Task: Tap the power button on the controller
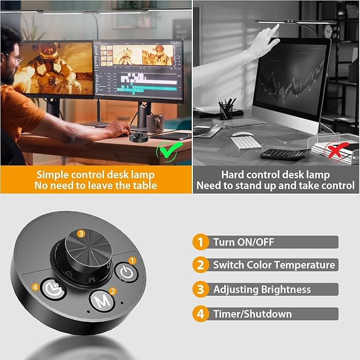[x=126, y=272]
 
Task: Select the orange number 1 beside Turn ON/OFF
[x=200, y=242]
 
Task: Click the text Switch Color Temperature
[x=274, y=265]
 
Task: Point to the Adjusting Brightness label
[x=262, y=289]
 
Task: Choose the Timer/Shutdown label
[x=252, y=314]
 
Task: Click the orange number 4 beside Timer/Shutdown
[x=200, y=314]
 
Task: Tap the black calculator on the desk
[x=285, y=154]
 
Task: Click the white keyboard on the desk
[x=246, y=143]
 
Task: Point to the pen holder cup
[x=226, y=111]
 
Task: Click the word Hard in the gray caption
[x=234, y=174]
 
